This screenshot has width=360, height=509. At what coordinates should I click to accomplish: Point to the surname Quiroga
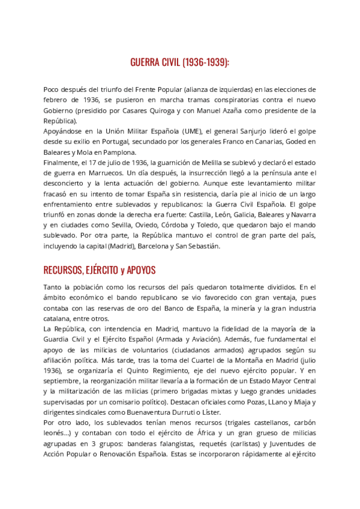[176, 110]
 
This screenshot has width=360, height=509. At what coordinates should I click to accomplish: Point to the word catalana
[58, 319]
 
